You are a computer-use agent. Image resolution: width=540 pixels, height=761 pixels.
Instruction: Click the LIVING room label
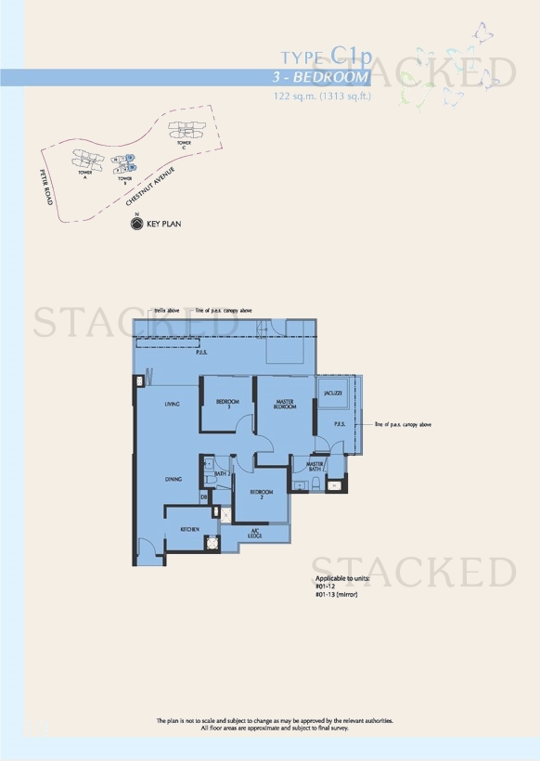172,404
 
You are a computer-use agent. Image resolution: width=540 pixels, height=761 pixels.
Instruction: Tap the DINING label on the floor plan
174,479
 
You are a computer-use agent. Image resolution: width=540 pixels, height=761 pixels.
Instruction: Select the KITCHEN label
190,529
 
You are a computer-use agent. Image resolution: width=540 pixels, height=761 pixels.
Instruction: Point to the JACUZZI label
334,393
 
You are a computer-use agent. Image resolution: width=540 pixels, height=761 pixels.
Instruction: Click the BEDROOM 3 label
227,404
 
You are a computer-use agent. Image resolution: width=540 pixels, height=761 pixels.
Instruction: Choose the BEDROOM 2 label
261,493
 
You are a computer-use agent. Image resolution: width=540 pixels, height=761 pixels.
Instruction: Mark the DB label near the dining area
203,497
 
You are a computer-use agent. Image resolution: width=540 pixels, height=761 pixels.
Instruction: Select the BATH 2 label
222,474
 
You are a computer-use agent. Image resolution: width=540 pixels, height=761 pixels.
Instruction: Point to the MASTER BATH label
315,467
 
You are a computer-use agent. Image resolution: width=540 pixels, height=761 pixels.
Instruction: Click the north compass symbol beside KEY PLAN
137,224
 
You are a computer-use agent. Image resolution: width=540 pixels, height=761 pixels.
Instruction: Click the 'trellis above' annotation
167,311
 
